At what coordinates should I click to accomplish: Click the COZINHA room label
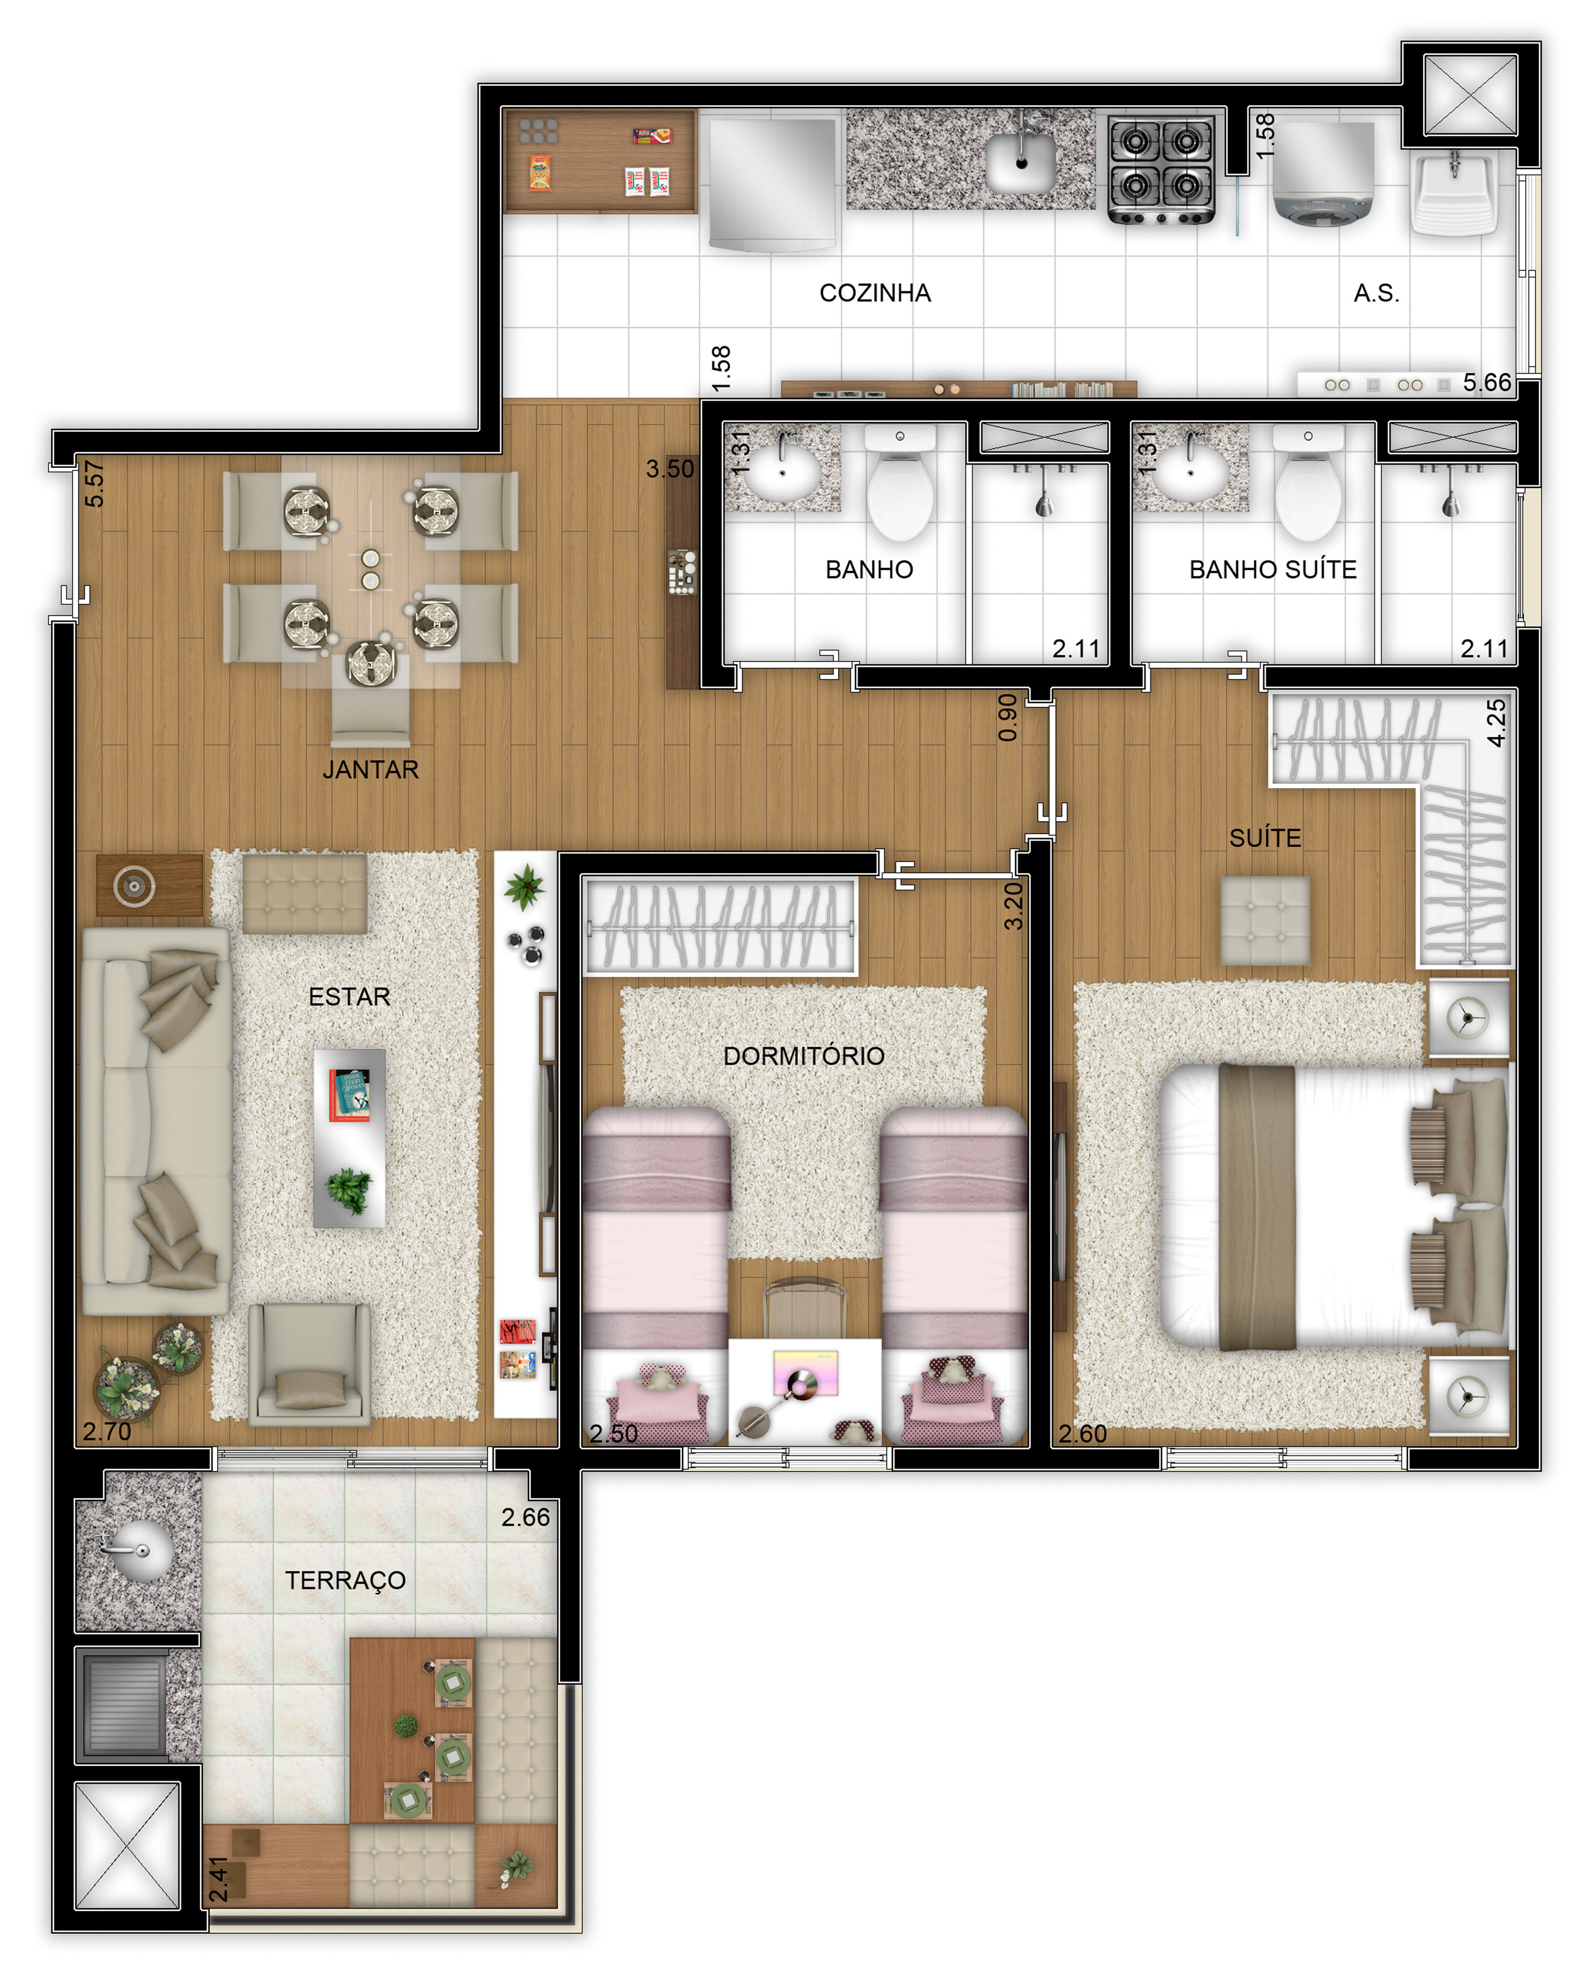pyautogui.click(x=875, y=293)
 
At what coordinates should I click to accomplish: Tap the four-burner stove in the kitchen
pyautogui.click(x=1160, y=169)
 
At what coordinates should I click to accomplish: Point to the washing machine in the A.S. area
pyautogui.click(x=1322, y=174)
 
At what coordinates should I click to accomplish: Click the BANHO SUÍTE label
pyautogui.click(x=1272, y=570)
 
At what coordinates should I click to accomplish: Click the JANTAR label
pyautogui.click(x=370, y=769)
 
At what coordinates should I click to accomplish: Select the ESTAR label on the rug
pyautogui.click(x=349, y=997)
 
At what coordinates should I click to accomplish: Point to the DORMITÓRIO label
pyautogui.click(x=803, y=1056)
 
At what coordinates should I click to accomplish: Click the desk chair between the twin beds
pyautogui.click(x=804, y=1307)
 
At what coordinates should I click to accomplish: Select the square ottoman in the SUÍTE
pyautogui.click(x=1265, y=920)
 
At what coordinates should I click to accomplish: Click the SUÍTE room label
pyautogui.click(x=1265, y=838)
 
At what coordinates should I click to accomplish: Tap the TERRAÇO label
pyautogui.click(x=346, y=1580)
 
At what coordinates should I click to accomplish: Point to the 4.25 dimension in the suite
pyautogui.click(x=1496, y=723)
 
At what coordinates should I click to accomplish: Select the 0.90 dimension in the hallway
pyautogui.click(x=1007, y=717)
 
